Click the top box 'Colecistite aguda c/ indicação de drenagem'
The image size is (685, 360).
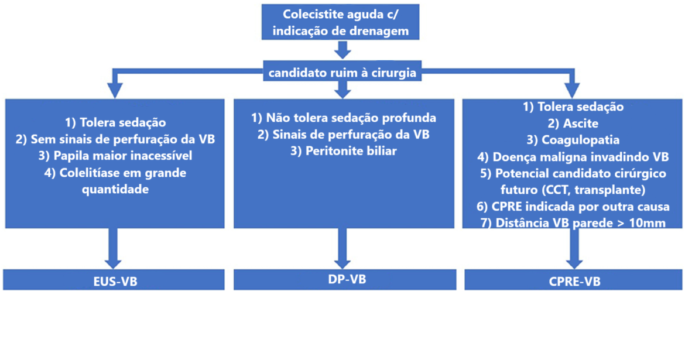340,22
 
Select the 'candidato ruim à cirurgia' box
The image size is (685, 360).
342,71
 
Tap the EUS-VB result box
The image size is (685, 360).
114,280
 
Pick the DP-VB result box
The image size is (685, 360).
345,280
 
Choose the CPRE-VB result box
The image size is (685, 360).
573,280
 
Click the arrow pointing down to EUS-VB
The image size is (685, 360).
114,248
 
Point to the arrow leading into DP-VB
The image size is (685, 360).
342,248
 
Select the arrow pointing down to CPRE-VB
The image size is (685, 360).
574,248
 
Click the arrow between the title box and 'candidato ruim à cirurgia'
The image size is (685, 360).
342,50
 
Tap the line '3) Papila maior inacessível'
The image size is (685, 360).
115,156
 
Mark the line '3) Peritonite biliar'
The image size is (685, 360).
344,151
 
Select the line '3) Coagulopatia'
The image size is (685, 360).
573,140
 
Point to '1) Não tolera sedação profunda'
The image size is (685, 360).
343,118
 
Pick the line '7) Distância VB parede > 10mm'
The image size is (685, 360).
573,223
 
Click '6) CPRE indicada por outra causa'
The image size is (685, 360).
573,206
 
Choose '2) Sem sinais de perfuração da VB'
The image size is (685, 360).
115,139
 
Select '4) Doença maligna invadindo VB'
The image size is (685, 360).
573,157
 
